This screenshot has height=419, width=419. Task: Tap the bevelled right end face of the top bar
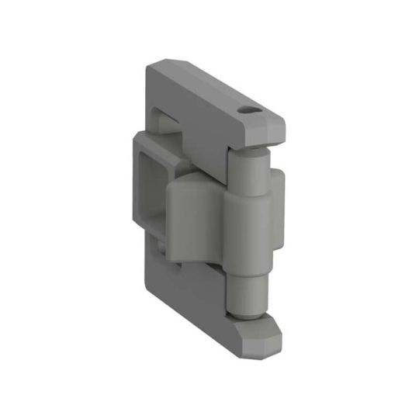(275, 128)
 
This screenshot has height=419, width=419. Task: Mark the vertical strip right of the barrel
(277, 206)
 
